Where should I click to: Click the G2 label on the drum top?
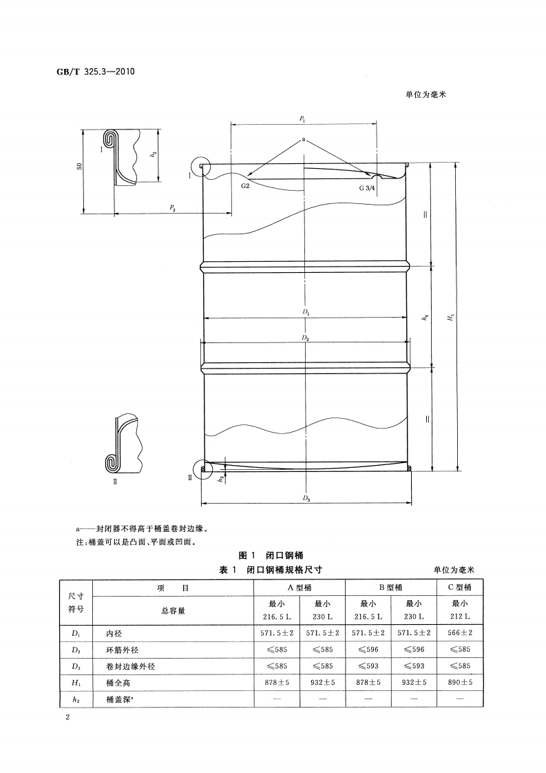click(x=245, y=186)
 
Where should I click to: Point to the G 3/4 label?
click(x=367, y=187)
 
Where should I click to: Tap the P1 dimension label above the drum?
click(x=303, y=119)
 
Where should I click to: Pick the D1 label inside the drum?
click(x=305, y=313)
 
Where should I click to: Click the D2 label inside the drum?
click(x=305, y=338)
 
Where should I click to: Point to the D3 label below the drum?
click(x=306, y=497)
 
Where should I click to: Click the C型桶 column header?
click(x=459, y=588)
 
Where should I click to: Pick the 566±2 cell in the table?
click(x=459, y=632)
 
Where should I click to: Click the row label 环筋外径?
click(x=122, y=648)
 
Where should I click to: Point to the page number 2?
click(x=67, y=718)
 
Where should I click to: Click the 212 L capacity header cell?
click(x=459, y=615)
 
